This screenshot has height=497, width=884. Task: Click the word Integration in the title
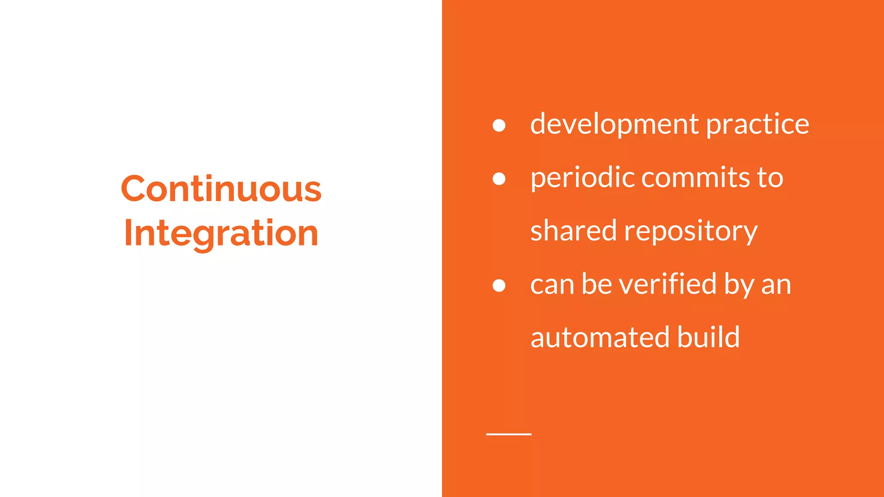click(221, 233)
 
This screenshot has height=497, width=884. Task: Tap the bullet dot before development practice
click(499, 125)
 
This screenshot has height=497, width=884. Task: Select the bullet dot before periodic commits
click(499, 179)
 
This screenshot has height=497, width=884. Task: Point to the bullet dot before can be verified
click(499, 285)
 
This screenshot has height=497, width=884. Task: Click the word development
click(614, 125)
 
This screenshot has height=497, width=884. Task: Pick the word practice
click(758, 125)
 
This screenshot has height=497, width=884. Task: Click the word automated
click(600, 338)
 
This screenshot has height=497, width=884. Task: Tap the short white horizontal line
click(508, 434)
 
